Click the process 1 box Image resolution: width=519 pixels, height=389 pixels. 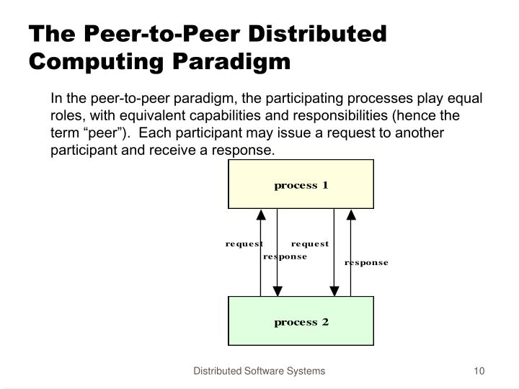pyautogui.click(x=301, y=184)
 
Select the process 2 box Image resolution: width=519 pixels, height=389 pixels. pyautogui.click(x=301, y=321)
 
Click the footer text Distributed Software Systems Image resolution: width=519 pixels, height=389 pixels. pyautogui.click(x=259, y=371)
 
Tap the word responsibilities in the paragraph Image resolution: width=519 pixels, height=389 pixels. pyautogui.click(x=349, y=116)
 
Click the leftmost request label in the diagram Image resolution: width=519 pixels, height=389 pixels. pyautogui.click(x=244, y=243)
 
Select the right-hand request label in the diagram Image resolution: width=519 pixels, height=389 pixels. pyautogui.click(x=310, y=243)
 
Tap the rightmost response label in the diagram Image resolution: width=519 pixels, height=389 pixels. pyautogui.click(x=366, y=263)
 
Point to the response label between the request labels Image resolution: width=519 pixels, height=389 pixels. pyautogui.click(x=285, y=256)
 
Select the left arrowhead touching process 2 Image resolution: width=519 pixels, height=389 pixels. pyautogui.click(x=278, y=290)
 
